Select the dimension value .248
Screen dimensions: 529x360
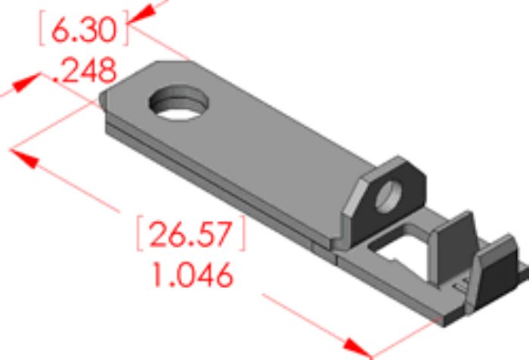[x=85, y=70]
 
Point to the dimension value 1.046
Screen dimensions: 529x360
[x=193, y=275]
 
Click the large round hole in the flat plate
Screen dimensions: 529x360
[x=178, y=103]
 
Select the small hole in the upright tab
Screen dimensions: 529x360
[x=388, y=197]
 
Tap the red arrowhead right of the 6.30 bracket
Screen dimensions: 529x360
[x=143, y=15]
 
